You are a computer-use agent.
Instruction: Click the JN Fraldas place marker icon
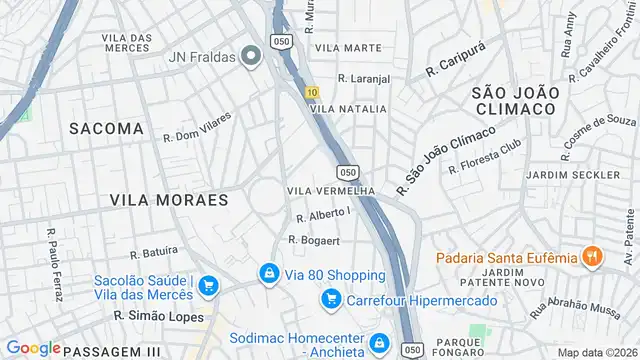click(251, 57)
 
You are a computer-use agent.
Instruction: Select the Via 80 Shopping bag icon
click(268, 273)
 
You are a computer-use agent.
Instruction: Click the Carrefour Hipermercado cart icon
click(331, 299)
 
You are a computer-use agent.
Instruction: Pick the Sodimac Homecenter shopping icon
click(378, 345)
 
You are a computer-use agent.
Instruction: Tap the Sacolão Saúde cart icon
click(208, 287)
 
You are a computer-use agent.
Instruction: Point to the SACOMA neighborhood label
click(106, 128)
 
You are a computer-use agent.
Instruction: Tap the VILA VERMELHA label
click(330, 191)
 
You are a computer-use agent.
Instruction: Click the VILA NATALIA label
click(349, 108)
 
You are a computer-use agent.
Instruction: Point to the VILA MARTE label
click(348, 47)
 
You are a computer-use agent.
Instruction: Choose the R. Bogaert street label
click(315, 239)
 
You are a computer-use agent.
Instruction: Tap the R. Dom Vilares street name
click(197, 127)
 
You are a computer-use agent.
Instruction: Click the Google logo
click(33, 348)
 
